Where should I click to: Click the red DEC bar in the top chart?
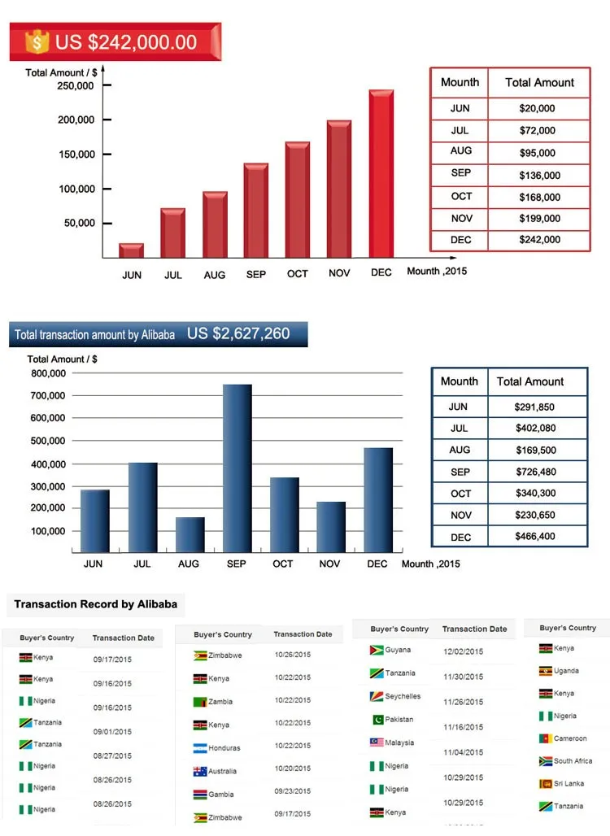[381, 174]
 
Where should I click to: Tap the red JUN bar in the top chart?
[132, 250]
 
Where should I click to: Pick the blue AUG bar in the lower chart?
[190, 534]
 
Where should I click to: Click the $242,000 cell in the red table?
[540, 240]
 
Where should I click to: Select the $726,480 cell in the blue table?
[535, 472]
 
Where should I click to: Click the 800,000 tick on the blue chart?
[47, 374]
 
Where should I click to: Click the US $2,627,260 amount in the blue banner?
[238, 333]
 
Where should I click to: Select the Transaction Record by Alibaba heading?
[95, 604]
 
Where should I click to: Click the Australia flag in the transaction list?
[200, 771]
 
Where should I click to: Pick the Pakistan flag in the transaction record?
[377, 720]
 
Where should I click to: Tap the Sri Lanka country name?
[569, 784]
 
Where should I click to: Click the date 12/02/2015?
[464, 652]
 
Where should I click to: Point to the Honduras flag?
[200, 748]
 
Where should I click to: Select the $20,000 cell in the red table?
[537, 108]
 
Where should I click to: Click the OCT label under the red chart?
[298, 274]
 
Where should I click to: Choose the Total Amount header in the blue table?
[530, 381]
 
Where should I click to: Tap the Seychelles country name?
[403, 697]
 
